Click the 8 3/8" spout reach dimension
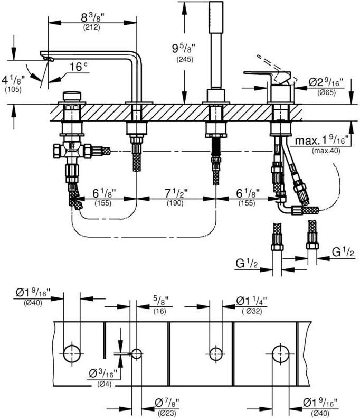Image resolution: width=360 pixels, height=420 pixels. (92, 17)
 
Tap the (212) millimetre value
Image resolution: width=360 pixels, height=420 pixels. (91, 27)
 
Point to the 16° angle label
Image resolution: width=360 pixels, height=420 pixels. (79, 67)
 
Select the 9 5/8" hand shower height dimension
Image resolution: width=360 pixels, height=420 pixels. (183, 49)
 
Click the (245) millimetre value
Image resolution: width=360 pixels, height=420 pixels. (185, 59)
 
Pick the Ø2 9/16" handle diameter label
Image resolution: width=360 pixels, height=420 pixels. (326, 82)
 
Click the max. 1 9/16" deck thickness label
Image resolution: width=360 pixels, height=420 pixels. (322, 140)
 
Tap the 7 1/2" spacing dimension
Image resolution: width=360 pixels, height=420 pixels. (176, 193)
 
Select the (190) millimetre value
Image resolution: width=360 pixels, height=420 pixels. (175, 203)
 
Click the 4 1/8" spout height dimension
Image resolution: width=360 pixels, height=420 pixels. (13, 80)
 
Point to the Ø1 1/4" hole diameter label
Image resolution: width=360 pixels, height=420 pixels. (251, 301)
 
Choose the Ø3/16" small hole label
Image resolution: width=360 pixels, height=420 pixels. (103, 374)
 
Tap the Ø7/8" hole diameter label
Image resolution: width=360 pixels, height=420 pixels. (167, 402)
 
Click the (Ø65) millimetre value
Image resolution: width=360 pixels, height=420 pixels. (327, 92)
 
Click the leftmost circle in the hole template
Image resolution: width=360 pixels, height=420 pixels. (72, 354)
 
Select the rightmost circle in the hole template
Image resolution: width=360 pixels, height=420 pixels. (280, 354)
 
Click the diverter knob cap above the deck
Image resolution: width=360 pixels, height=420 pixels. (72, 96)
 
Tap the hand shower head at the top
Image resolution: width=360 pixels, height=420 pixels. (216, 17)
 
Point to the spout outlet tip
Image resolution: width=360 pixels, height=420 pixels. (48, 59)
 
